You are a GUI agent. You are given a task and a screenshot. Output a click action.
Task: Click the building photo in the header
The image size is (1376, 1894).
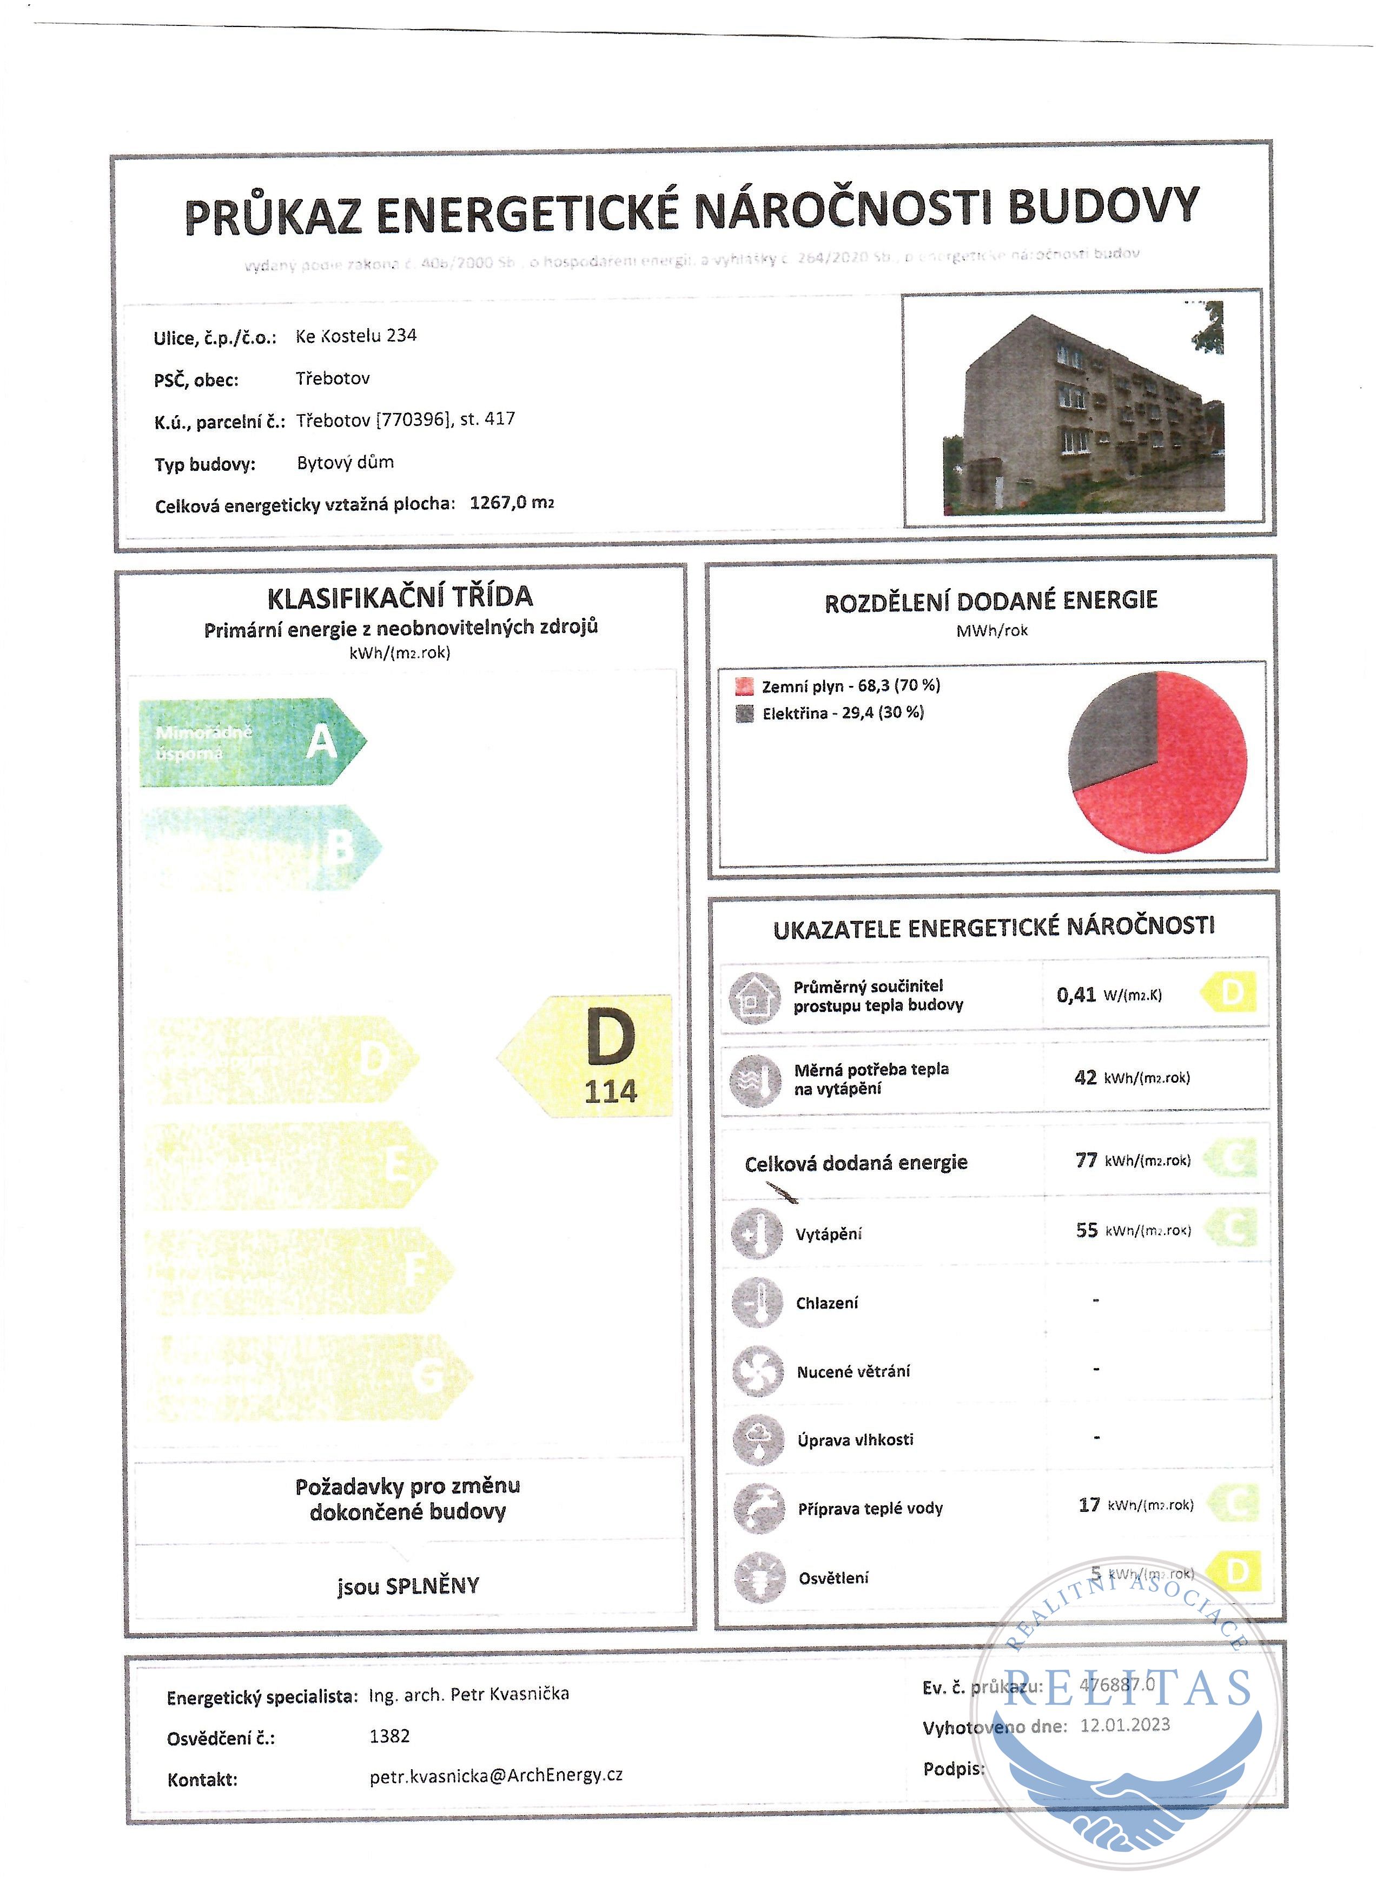click(1083, 409)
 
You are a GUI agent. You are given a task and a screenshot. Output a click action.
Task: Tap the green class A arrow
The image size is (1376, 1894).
click(250, 742)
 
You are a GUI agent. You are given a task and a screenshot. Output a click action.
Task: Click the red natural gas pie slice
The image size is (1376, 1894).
click(1178, 777)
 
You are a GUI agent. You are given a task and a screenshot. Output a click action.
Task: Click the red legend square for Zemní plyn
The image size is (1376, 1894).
click(744, 686)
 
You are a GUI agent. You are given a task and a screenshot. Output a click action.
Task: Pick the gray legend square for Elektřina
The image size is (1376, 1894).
click(744, 714)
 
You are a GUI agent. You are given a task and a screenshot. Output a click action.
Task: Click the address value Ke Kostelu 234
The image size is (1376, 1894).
click(356, 336)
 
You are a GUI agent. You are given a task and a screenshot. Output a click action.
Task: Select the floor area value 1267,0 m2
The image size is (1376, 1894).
click(511, 503)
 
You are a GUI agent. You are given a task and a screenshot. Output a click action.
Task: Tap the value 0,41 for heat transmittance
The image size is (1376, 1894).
click(1075, 995)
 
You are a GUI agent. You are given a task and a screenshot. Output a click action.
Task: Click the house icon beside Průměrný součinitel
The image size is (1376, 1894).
click(755, 997)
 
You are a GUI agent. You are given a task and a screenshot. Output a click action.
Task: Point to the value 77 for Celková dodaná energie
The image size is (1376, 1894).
click(1086, 1160)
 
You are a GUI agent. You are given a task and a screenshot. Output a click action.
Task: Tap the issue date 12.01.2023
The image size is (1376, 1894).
click(1124, 1725)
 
